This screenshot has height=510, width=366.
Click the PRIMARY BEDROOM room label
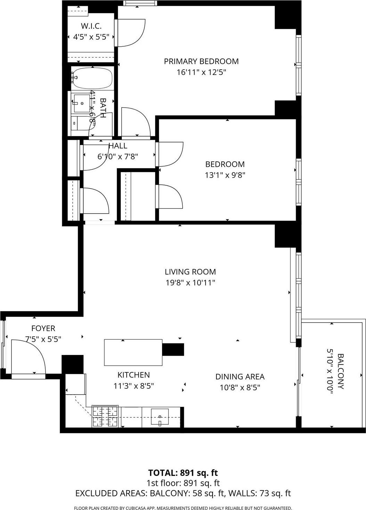(x=201, y=61)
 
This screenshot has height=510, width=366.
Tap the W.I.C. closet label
(x=91, y=26)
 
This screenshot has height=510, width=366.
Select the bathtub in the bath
(x=93, y=78)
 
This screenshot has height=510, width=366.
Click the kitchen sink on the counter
(x=160, y=417)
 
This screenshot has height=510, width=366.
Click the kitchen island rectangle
(x=133, y=353)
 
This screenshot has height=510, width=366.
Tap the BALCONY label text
(x=340, y=371)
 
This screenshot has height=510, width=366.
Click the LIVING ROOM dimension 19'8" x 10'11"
(x=190, y=283)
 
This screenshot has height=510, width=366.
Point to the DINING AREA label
(x=240, y=377)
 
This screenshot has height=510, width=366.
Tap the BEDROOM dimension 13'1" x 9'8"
(x=225, y=175)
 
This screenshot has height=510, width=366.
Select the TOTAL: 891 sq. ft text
(x=183, y=473)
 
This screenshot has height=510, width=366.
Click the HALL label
(x=118, y=146)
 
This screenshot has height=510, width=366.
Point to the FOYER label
(x=43, y=328)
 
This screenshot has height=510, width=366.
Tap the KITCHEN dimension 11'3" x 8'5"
(x=134, y=386)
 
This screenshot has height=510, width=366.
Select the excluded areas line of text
(x=183, y=493)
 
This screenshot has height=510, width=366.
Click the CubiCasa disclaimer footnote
(x=183, y=508)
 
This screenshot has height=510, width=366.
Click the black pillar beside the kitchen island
(x=173, y=349)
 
